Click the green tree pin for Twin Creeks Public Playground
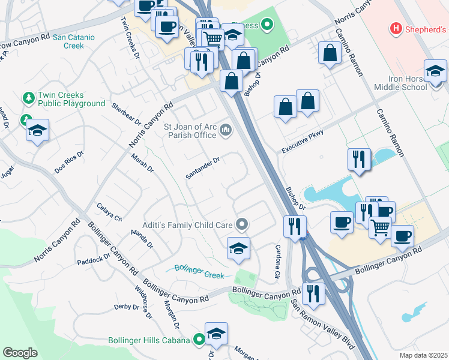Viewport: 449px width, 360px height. (28, 97)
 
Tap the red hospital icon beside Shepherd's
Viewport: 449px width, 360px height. (396, 28)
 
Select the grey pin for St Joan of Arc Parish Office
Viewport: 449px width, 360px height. (226, 129)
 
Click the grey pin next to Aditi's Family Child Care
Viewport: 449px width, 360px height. (242, 225)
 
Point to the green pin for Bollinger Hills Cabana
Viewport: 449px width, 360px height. (199, 340)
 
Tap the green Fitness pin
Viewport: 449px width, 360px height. (268, 25)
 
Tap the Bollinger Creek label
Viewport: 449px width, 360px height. (199, 271)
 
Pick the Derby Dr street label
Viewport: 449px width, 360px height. (127, 307)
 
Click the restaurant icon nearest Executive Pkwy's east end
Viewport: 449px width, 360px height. (359, 160)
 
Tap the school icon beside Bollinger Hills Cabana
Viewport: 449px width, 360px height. (216, 334)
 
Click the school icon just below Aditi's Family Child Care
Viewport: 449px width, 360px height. (238, 248)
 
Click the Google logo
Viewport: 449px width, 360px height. (20, 353)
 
